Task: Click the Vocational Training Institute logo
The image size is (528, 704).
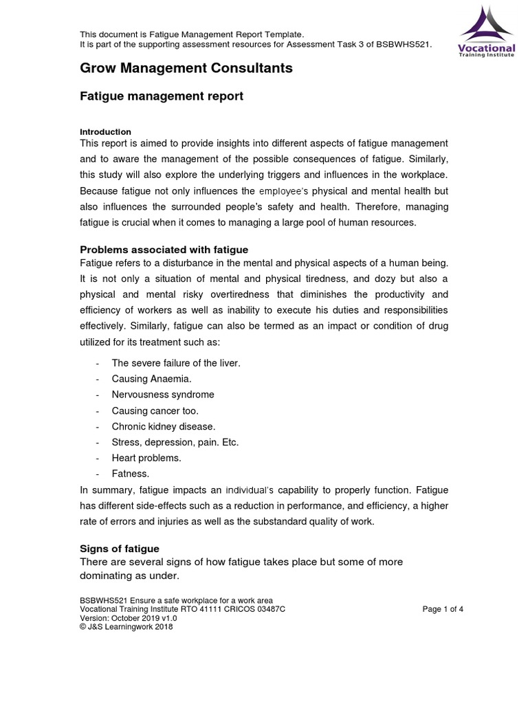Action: [x=486, y=31]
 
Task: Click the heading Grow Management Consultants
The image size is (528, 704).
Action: [x=186, y=68]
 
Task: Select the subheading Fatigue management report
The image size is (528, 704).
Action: [x=162, y=96]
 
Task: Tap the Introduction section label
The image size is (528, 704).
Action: [x=105, y=131]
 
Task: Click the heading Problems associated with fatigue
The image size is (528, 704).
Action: [x=164, y=249]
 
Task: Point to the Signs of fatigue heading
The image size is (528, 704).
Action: [x=120, y=548]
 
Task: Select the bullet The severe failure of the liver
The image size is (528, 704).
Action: [x=176, y=363]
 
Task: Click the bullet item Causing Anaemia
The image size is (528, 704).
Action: [x=152, y=379]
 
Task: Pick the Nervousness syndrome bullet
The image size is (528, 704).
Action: [x=163, y=395]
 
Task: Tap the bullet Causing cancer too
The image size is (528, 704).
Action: [x=155, y=410]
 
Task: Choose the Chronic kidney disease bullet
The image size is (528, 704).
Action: [x=164, y=426]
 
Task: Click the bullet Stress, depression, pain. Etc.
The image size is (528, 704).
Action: [x=175, y=442]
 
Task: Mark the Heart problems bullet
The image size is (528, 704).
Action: [x=146, y=458]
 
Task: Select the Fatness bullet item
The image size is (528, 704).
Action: [x=131, y=474]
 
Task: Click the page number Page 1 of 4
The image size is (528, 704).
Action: [x=443, y=609]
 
